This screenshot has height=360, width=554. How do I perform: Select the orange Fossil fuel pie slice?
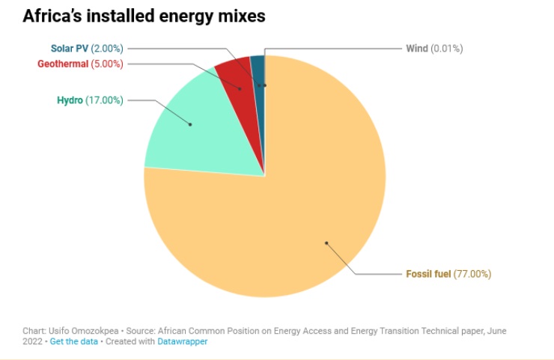pos(284,225)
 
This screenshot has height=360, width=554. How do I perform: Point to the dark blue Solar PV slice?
pos(258,72)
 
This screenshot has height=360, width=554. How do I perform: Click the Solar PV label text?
pos(70,49)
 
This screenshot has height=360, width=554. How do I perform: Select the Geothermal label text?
pos(63,64)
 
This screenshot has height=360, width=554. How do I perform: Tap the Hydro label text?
pos(70,100)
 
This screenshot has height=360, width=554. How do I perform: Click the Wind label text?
pos(417,49)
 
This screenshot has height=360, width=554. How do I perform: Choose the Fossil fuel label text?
pos(428,274)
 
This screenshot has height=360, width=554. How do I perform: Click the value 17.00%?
pos(104,100)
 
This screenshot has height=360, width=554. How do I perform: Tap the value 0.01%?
pos(447,49)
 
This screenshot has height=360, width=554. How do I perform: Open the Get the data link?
pos(74,341)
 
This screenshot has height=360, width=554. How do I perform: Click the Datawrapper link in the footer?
pos(182,341)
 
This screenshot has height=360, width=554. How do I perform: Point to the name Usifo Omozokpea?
pos(80,330)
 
